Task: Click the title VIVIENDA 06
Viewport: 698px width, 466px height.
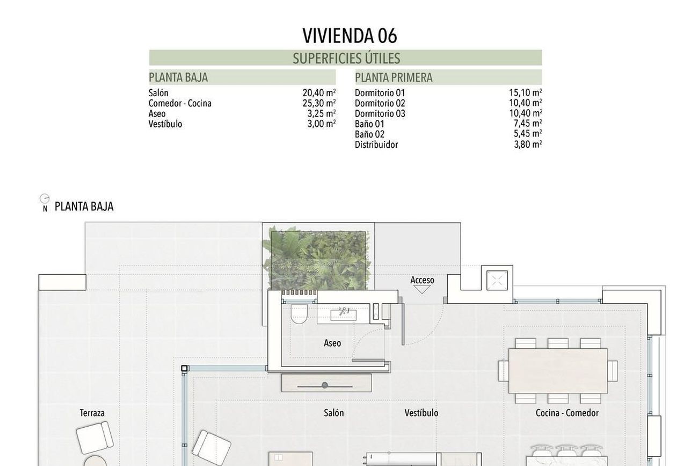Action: tap(350, 35)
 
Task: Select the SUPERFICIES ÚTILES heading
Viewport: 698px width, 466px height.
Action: tap(346, 59)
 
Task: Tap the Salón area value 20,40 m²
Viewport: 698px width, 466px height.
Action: tap(319, 92)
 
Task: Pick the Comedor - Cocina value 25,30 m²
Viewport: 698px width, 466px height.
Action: tap(319, 103)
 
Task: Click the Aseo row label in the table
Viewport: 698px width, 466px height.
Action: tap(157, 113)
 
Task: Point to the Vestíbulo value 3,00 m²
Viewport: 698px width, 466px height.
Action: tap(322, 124)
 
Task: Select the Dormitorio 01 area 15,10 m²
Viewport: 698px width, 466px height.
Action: tap(525, 92)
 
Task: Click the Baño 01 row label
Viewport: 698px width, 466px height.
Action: tap(369, 124)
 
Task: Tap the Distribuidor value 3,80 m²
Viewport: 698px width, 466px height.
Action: tap(528, 145)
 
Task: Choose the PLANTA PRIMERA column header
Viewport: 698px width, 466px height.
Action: tap(394, 77)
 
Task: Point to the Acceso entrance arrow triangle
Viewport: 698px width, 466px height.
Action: tap(422, 290)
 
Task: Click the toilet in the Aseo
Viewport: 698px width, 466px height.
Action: tap(299, 313)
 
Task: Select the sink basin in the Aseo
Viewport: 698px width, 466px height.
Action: tap(344, 314)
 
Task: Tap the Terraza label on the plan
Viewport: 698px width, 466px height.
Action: tap(92, 413)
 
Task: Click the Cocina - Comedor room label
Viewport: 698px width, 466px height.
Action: tap(567, 413)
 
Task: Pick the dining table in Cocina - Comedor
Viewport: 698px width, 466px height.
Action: tap(558, 371)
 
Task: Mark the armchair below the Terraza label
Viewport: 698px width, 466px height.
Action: tap(94, 438)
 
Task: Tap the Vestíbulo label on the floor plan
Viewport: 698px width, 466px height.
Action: tap(421, 413)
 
